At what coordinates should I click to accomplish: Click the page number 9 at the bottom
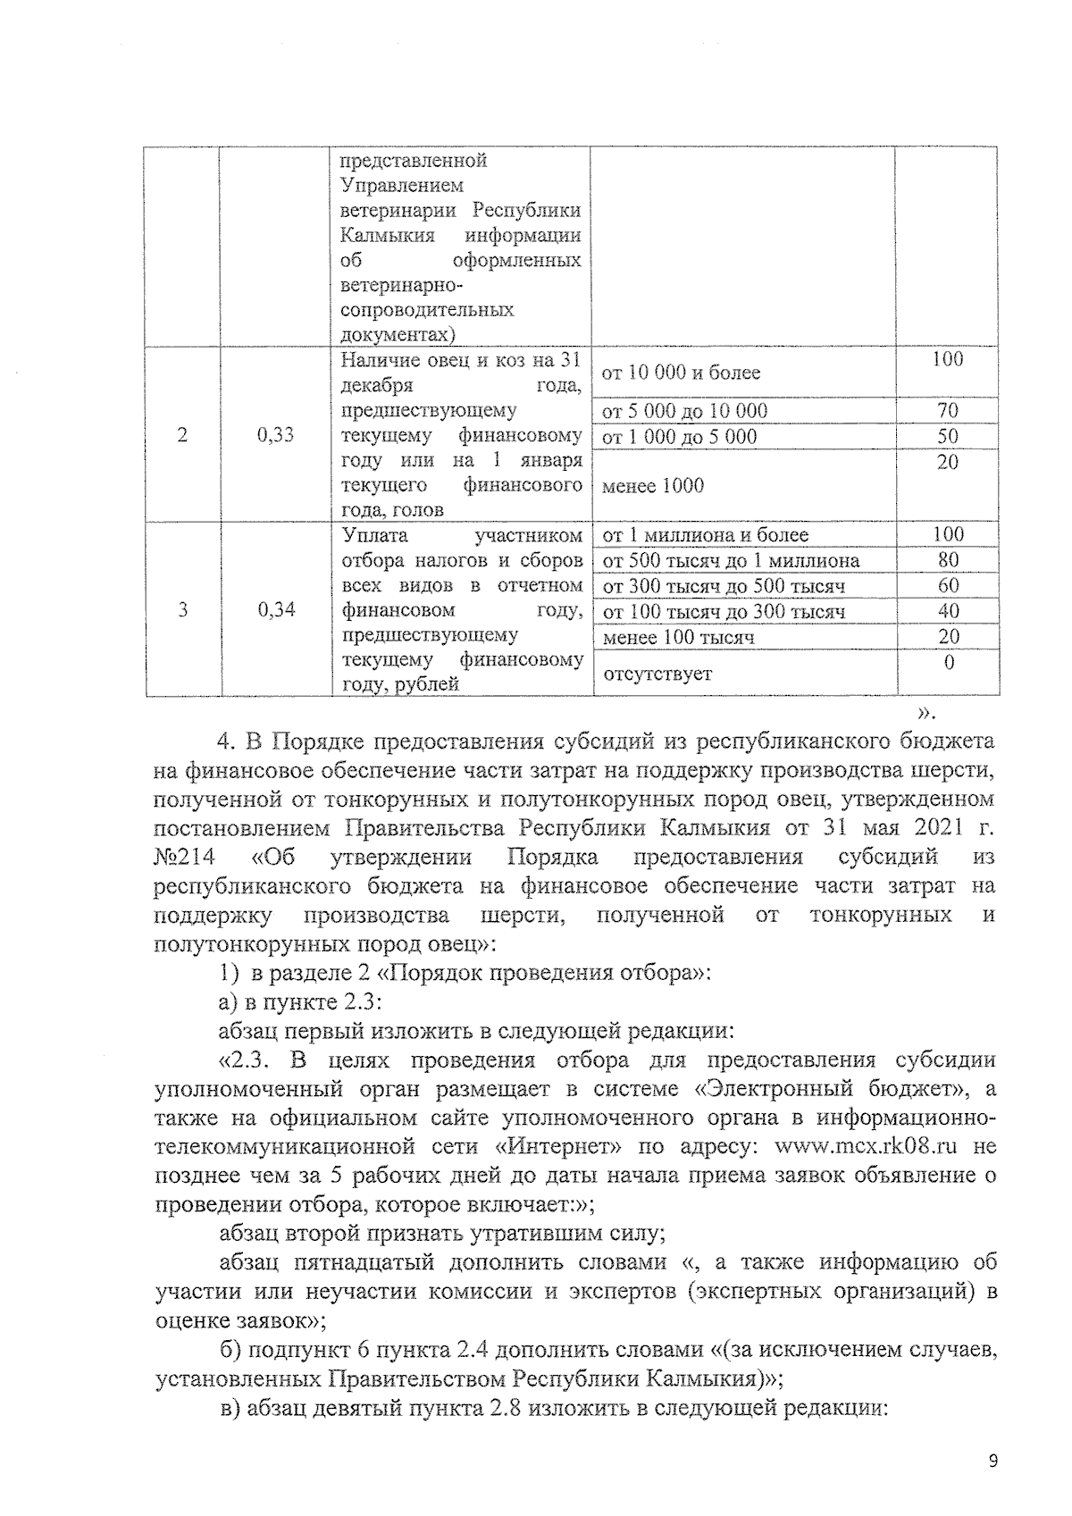[x=992, y=1461]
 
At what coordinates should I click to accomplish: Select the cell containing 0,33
[x=275, y=435]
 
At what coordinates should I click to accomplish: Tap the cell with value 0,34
[x=275, y=610]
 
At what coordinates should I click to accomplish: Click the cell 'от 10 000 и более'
[x=682, y=373]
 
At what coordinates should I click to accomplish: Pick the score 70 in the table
[x=947, y=411]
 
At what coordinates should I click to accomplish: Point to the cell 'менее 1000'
[x=653, y=486]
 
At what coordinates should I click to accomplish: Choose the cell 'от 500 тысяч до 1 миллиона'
[x=731, y=561]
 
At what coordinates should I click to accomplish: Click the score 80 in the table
[x=947, y=560]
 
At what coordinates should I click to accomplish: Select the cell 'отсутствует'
[x=657, y=674]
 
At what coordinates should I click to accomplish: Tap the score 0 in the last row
[x=949, y=663]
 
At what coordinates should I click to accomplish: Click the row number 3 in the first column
[x=183, y=610]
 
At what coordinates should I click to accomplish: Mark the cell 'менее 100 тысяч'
[x=678, y=637]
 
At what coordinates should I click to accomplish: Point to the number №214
[x=184, y=856]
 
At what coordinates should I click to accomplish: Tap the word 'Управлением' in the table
[x=402, y=186]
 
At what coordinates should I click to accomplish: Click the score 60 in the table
[x=947, y=585]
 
